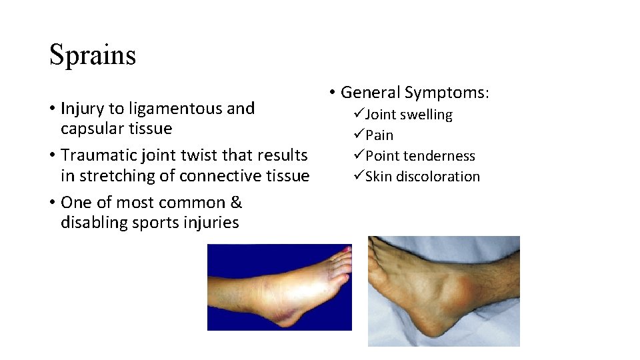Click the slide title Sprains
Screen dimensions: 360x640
[x=93, y=55]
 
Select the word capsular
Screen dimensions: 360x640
[x=91, y=129]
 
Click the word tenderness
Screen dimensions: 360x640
[x=443, y=156]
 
